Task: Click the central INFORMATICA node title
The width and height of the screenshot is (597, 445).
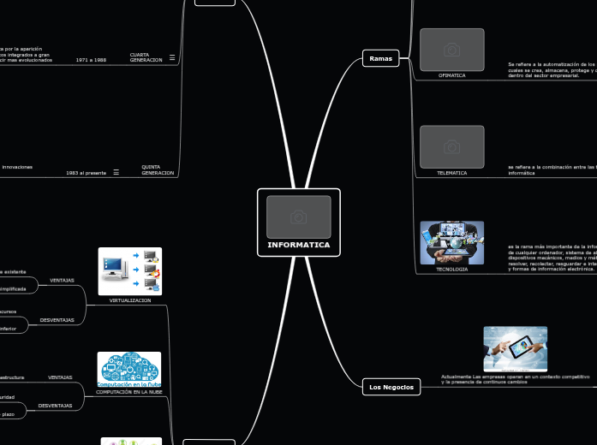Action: point(298,245)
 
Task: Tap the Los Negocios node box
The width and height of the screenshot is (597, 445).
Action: point(391,387)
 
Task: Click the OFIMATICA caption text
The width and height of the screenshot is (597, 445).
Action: point(451,75)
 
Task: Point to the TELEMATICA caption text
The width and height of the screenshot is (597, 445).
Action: point(451,173)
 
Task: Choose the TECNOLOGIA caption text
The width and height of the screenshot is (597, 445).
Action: point(451,269)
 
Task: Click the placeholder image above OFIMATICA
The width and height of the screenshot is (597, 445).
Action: point(451,50)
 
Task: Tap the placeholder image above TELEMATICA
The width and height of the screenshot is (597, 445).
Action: point(451,147)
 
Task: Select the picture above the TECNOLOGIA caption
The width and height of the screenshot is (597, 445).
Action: point(451,242)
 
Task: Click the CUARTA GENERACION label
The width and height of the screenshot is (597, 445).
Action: point(146,57)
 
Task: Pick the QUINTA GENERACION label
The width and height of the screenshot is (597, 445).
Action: point(158,169)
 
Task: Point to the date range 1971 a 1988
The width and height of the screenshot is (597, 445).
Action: point(91,60)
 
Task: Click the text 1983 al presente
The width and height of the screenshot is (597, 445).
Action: point(86,173)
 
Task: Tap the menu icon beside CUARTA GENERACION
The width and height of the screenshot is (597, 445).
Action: point(172,57)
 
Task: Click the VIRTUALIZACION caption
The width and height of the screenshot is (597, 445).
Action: point(130,300)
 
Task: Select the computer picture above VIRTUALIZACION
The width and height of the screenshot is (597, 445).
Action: point(130,271)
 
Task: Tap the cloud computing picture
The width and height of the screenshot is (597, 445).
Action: point(129,367)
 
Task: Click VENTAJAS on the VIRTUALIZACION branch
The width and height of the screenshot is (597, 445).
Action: point(62,280)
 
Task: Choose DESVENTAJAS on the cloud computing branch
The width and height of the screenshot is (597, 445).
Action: point(55,405)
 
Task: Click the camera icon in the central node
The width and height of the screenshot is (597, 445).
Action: point(298,217)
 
